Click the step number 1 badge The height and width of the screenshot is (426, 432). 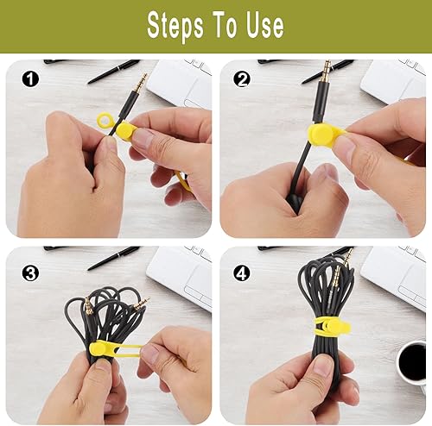[x=31, y=79]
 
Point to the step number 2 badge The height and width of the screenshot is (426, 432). [x=240, y=79]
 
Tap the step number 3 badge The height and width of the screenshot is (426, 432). [x=31, y=273]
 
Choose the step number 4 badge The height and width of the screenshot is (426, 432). [x=240, y=273]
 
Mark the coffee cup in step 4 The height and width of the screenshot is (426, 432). [x=412, y=361]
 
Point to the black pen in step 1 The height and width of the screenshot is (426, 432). [x=112, y=69]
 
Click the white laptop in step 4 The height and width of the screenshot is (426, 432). [x=393, y=273]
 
